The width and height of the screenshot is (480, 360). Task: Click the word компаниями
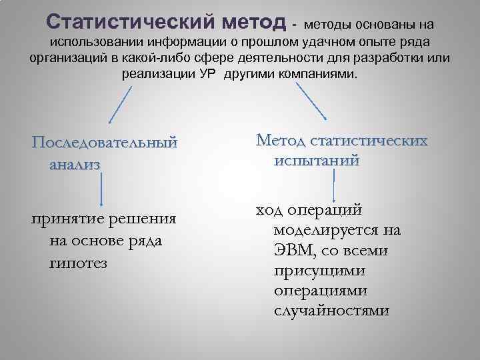tap(319, 73)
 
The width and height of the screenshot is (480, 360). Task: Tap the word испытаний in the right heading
tap(316, 161)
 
